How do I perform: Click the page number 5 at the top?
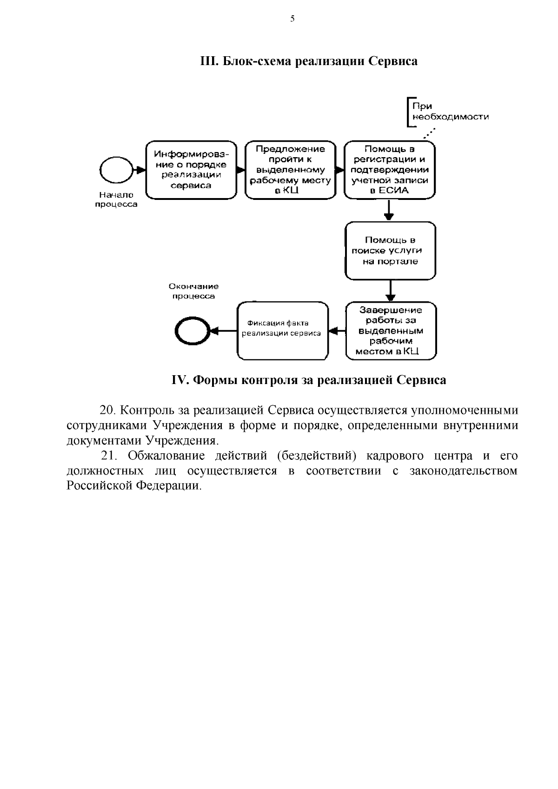(x=292, y=19)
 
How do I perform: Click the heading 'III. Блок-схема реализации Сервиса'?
(x=308, y=61)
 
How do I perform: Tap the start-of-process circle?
(x=115, y=170)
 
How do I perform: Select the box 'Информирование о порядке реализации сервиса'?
(x=190, y=170)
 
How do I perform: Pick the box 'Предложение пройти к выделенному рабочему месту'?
(x=290, y=170)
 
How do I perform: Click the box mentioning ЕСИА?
(x=390, y=170)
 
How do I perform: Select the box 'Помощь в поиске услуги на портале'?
(x=390, y=251)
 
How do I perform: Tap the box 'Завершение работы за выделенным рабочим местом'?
(x=390, y=331)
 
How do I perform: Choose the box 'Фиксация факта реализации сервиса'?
(x=283, y=331)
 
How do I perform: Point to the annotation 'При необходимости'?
(x=448, y=112)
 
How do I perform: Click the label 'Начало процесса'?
(x=116, y=200)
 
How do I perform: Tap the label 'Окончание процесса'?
(x=193, y=291)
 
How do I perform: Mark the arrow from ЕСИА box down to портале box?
(x=389, y=211)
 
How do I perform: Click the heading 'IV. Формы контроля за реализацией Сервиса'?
(x=308, y=380)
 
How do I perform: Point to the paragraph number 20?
(x=107, y=411)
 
